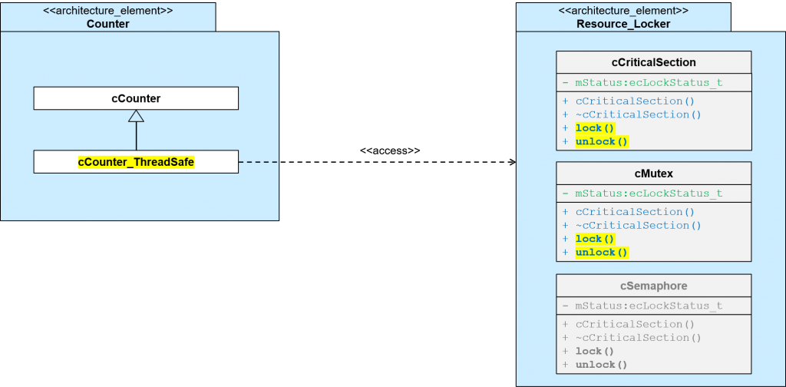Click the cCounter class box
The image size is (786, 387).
tap(136, 98)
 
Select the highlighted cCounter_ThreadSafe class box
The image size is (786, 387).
tap(136, 162)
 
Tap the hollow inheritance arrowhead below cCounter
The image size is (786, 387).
tap(136, 116)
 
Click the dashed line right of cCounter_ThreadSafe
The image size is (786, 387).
tap(258, 162)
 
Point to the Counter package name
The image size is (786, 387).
tap(107, 24)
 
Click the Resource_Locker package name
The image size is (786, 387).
tap(623, 24)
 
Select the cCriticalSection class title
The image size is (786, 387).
tap(653, 62)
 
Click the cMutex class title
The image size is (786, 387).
tap(653, 173)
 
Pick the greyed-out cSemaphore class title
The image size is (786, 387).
tap(653, 286)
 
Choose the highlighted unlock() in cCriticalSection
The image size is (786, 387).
tap(602, 141)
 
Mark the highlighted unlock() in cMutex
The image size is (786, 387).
tap(602, 252)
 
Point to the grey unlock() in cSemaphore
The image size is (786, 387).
tap(602, 365)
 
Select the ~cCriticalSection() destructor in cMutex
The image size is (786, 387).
tap(638, 225)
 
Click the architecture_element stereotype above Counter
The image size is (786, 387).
tap(107, 11)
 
